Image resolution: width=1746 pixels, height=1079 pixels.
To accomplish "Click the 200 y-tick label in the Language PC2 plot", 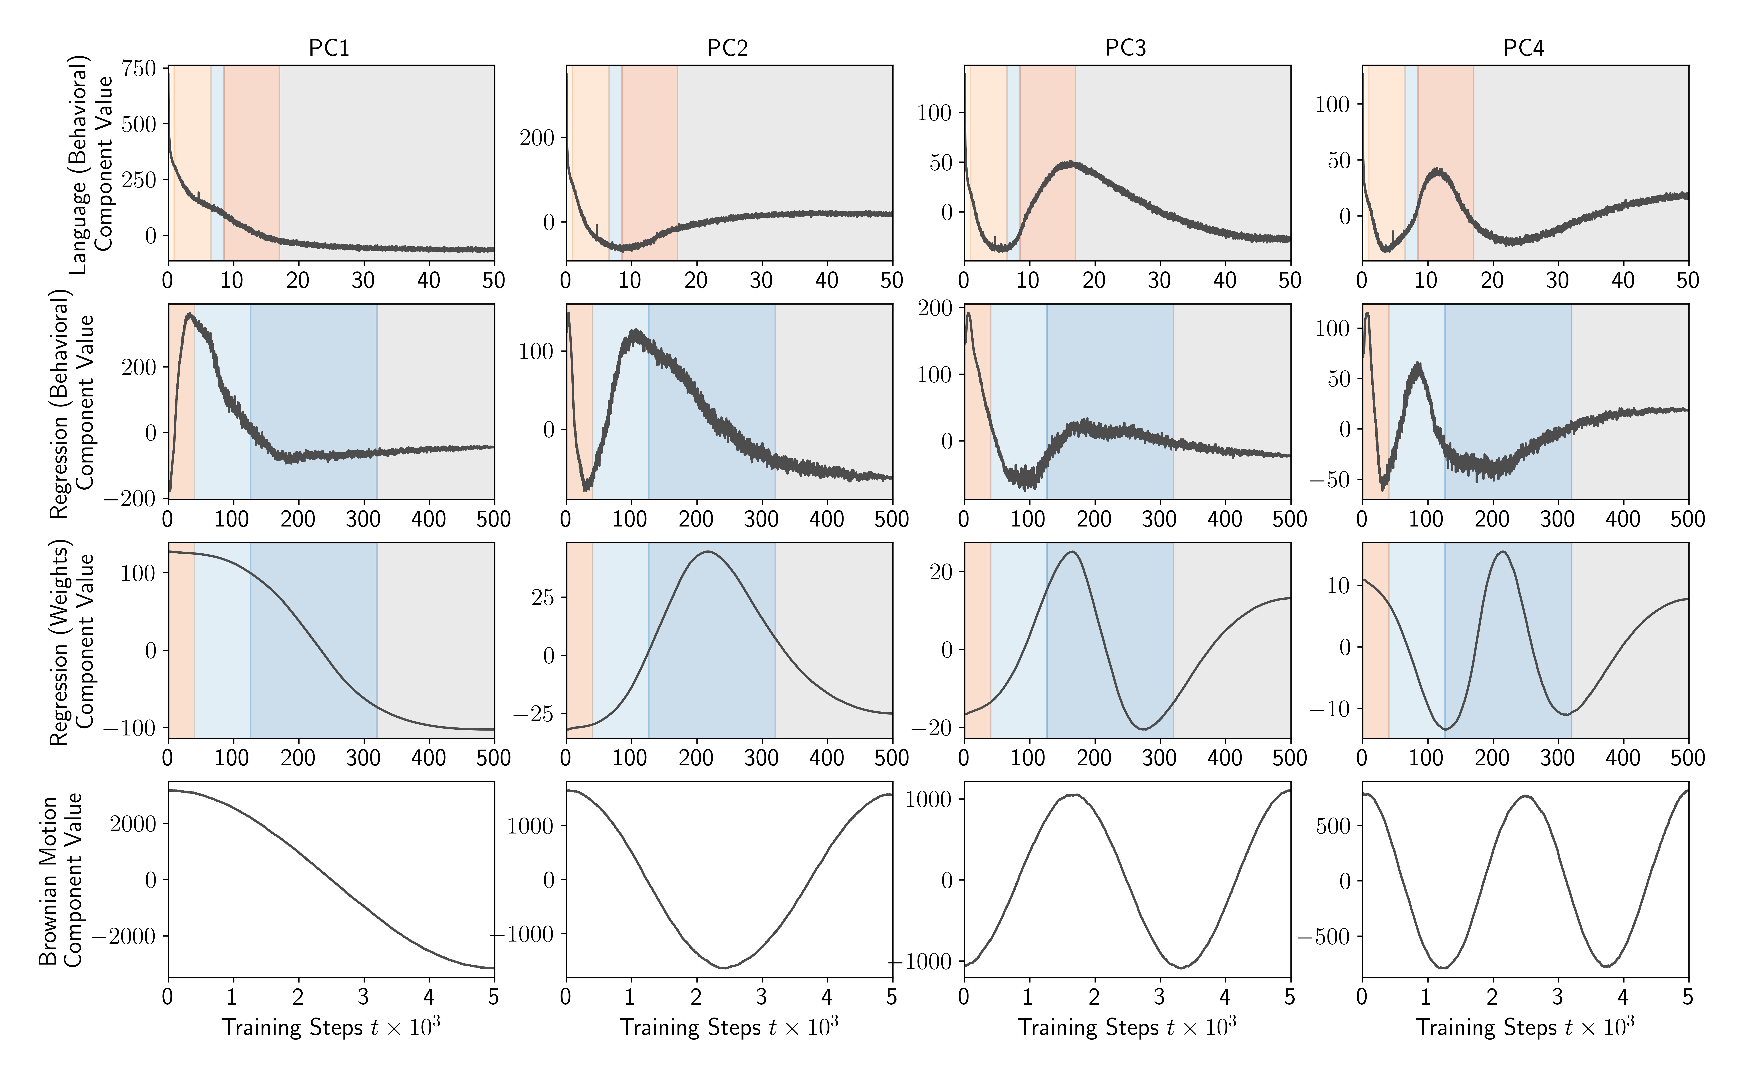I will coord(537,138).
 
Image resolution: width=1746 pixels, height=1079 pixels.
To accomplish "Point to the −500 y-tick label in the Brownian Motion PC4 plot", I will coord(1324,936).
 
